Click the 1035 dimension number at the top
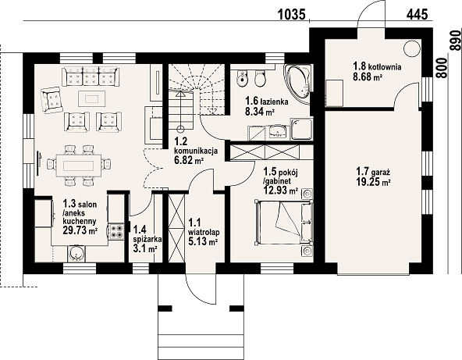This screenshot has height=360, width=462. (x=292, y=14)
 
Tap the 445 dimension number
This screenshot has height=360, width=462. (x=418, y=14)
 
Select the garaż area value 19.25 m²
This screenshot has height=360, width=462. (x=373, y=182)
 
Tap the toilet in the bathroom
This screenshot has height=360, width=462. (x=260, y=78)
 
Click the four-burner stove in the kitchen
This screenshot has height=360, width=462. (x=116, y=231)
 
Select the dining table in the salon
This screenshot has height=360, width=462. (x=79, y=166)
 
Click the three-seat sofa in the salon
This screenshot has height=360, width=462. (x=91, y=77)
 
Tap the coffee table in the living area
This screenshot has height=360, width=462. (x=91, y=98)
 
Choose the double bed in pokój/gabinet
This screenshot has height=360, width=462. (x=284, y=223)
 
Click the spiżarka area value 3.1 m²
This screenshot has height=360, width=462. (x=144, y=248)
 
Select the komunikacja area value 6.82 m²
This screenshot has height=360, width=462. (x=190, y=160)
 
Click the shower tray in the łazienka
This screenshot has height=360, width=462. (x=301, y=129)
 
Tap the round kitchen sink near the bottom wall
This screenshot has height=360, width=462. (x=77, y=254)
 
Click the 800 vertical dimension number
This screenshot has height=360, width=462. (x=442, y=68)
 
